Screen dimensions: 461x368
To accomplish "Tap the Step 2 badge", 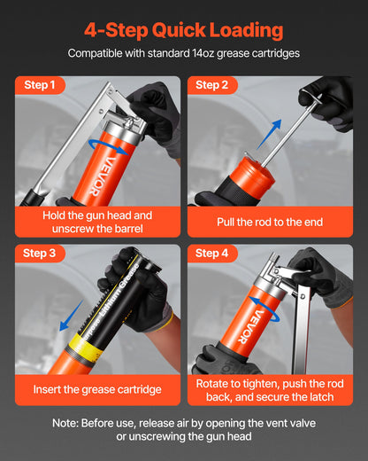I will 213,86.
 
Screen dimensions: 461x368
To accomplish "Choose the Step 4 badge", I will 213,254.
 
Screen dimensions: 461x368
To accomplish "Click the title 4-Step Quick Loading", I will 184,30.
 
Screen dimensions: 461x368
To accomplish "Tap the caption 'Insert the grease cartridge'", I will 97,389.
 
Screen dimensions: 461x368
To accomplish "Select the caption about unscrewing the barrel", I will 97,222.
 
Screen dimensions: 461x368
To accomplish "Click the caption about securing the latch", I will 270,390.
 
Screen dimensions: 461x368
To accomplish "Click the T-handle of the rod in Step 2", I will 311,94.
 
